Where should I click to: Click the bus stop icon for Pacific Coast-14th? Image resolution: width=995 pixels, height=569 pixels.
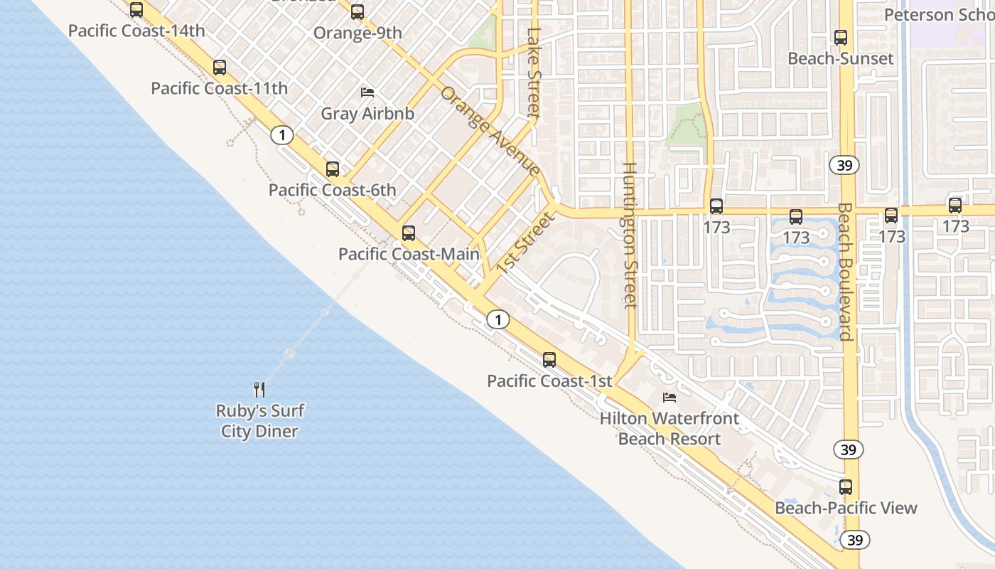136,10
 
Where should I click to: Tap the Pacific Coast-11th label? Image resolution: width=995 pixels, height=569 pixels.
219,89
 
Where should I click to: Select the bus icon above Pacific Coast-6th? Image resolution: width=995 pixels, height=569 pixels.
332,169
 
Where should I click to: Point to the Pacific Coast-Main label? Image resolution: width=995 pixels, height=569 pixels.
409,254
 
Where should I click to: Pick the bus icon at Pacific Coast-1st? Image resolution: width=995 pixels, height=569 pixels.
549,360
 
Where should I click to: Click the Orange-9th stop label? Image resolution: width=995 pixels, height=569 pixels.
357,33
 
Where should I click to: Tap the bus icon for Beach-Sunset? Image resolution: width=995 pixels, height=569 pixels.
841,38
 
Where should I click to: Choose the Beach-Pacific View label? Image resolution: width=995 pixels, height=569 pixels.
846,508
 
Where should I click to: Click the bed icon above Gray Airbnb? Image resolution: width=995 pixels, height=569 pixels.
367,92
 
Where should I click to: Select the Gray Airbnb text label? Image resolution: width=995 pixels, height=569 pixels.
367,113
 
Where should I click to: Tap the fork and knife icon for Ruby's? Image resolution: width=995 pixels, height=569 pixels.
259,390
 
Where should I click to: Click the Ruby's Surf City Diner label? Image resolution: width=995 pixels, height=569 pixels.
259,421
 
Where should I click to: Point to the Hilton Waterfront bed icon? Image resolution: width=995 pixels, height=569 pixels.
669,397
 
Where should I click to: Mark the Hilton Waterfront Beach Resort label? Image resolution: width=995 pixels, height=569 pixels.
669,429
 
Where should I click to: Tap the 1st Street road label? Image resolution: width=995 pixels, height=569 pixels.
525,243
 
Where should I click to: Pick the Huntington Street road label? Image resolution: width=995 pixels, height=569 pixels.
630,235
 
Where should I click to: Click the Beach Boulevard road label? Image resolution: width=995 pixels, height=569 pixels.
844,272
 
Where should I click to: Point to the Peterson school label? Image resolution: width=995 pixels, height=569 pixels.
939,15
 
